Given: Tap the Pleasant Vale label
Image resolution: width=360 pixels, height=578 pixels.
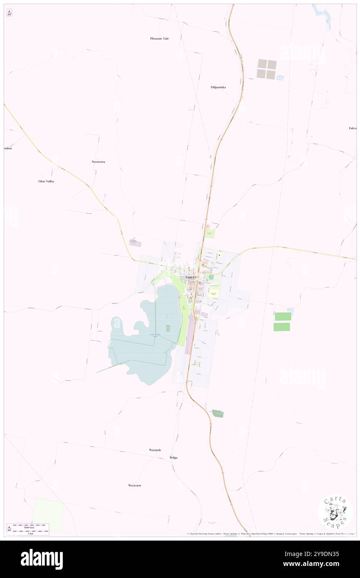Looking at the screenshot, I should click(160, 38).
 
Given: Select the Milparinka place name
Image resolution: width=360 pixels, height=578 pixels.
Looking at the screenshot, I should click(218, 87).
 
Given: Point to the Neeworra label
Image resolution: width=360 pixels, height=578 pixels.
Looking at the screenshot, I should click(98, 161).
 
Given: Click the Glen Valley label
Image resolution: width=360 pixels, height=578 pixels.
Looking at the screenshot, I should click(46, 181).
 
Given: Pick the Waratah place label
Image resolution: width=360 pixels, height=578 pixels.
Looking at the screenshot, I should click(155, 450).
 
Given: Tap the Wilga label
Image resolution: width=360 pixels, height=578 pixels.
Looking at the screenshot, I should click(173, 457).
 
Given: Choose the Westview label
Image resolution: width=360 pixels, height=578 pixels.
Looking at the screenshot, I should click(135, 485).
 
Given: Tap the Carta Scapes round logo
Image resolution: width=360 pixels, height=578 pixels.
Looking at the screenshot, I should click(335, 511).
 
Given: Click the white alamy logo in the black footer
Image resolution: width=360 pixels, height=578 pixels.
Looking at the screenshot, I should click(42, 559).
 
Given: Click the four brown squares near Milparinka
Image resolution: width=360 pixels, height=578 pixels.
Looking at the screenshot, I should click(266, 69).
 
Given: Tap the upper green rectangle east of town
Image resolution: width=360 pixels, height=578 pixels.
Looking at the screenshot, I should click(283, 316).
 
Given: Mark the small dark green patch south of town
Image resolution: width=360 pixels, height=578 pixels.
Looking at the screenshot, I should click(218, 413).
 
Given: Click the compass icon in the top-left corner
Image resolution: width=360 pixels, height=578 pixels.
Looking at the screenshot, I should click(9, 13).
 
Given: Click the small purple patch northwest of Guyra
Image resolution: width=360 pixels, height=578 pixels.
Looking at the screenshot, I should click(135, 242).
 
